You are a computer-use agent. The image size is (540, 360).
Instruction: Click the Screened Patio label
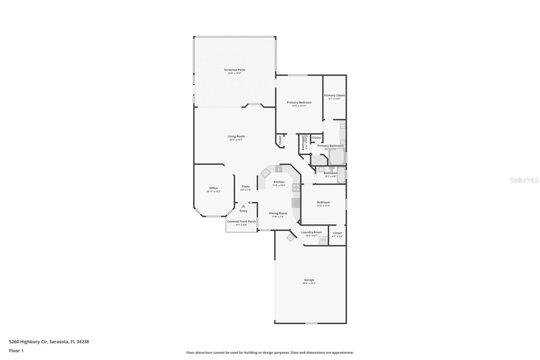235,70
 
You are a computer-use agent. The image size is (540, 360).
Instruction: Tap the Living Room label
236,136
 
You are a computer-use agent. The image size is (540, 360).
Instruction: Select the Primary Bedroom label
299,102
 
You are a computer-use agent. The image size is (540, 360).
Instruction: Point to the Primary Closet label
334,95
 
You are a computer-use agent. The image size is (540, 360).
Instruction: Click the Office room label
213,188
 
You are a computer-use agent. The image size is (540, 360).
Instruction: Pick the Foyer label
246,186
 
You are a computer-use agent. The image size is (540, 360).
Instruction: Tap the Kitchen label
279,182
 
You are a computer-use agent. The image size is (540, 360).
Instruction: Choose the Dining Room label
278,213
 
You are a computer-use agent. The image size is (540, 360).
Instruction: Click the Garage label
309,280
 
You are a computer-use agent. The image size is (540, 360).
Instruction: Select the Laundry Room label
312,232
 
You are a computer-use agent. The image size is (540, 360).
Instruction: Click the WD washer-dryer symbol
323,240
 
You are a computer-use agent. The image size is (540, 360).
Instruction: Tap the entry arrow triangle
243,206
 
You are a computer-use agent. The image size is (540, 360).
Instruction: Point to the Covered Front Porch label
241,222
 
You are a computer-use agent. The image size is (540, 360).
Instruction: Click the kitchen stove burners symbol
296,187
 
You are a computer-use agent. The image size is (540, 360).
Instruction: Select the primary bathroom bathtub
336,156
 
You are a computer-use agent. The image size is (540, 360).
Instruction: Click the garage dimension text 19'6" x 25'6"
309,283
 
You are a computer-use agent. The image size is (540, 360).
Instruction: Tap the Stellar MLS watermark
524,180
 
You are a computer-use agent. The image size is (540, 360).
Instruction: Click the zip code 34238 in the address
83,341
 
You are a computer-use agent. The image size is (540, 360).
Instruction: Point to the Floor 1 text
16,351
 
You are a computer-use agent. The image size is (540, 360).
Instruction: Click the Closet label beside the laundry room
337,233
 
